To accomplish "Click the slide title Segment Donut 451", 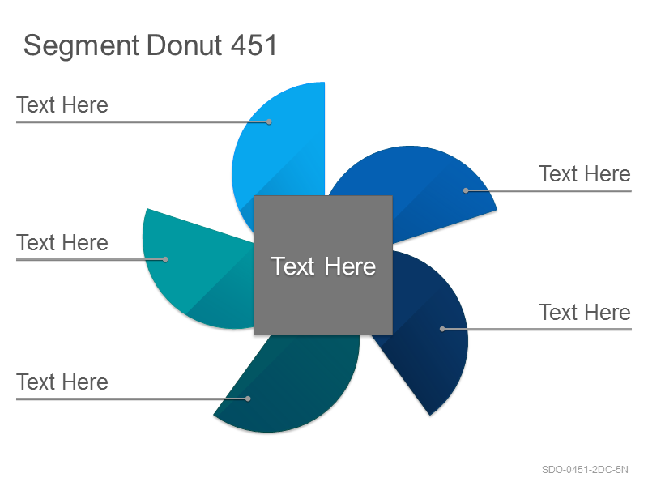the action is (150, 46).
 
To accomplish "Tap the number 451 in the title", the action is (254, 45).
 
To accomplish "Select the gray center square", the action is (323, 266).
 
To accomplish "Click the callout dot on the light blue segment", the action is (269, 122).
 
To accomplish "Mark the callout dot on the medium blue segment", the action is (466, 190).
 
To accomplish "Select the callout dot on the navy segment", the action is (442, 329).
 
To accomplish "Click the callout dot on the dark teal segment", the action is (248, 399).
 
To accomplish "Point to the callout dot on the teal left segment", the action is (165, 259).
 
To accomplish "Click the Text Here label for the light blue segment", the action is (62, 105).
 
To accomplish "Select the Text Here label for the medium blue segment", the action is (585, 173).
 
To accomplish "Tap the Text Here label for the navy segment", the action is (585, 312).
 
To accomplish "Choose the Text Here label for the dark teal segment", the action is (62, 382).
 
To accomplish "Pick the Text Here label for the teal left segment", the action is (62, 242).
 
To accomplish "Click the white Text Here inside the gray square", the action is (323, 266).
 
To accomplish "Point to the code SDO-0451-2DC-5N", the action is (585, 470).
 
